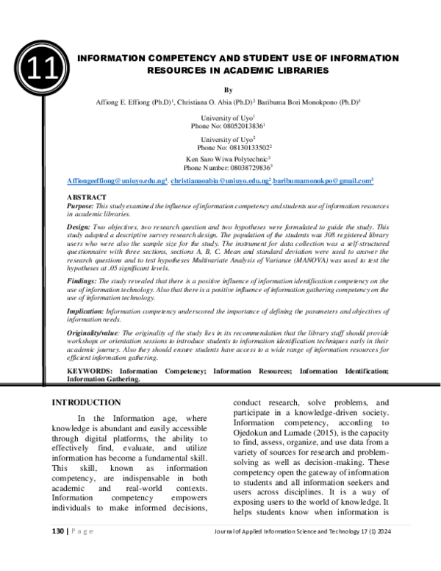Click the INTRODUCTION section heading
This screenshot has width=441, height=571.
pyautogui.click(x=85, y=402)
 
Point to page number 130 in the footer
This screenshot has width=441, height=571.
pyautogui.click(x=57, y=551)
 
